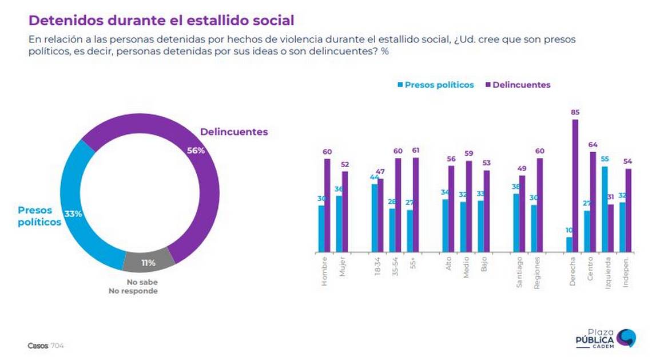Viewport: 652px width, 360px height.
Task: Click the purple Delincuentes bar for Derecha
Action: tap(575, 185)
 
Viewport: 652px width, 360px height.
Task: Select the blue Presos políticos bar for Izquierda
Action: tap(605, 209)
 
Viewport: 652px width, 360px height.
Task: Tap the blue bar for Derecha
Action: tap(569, 244)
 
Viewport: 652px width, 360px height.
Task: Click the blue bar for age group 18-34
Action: tap(374, 217)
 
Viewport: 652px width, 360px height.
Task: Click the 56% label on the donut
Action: tap(196, 151)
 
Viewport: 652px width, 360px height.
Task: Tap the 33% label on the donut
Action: tap(73, 214)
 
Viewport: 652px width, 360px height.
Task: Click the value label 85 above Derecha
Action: tap(575, 113)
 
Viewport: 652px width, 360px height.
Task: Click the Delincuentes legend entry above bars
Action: tap(518, 85)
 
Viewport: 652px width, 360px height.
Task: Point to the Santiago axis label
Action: tap(519, 272)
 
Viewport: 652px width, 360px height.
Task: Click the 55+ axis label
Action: tap(413, 264)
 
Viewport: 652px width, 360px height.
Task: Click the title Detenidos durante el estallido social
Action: tap(161, 21)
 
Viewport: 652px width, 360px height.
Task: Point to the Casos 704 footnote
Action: tap(46, 346)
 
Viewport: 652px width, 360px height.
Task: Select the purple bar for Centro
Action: tap(593, 201)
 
